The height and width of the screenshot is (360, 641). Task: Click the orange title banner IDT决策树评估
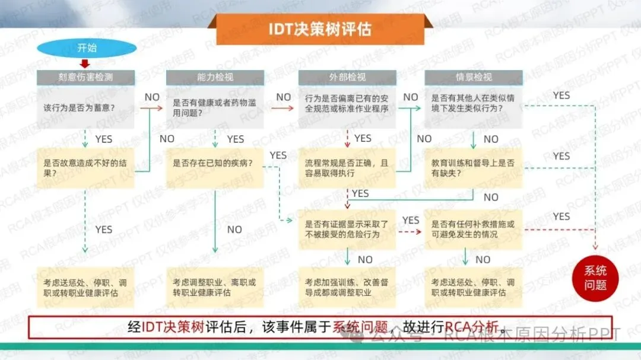(320, 29)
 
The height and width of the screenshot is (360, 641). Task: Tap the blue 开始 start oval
(87, 48)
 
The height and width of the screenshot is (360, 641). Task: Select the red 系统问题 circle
(595, 278)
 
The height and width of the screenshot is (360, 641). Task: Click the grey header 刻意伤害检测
(86, 77)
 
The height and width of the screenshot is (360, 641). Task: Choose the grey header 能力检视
(215, 77)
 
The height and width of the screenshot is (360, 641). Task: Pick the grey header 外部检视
(347, 77)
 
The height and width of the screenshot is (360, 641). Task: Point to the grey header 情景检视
(473, 77)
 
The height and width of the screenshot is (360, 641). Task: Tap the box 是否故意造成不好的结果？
(86, 168)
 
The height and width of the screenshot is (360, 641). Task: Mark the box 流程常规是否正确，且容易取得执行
(347, 167)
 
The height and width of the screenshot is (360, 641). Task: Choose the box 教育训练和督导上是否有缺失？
(473, 167)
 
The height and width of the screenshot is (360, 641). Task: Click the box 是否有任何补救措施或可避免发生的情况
(473, 229)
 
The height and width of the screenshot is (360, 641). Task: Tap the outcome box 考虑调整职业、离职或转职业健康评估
(215, 287)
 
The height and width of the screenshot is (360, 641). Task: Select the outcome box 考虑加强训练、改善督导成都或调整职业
(347, 287)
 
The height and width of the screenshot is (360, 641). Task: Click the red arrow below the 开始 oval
(85, 63)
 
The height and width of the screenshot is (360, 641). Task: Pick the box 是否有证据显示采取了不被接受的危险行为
(347, 229)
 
